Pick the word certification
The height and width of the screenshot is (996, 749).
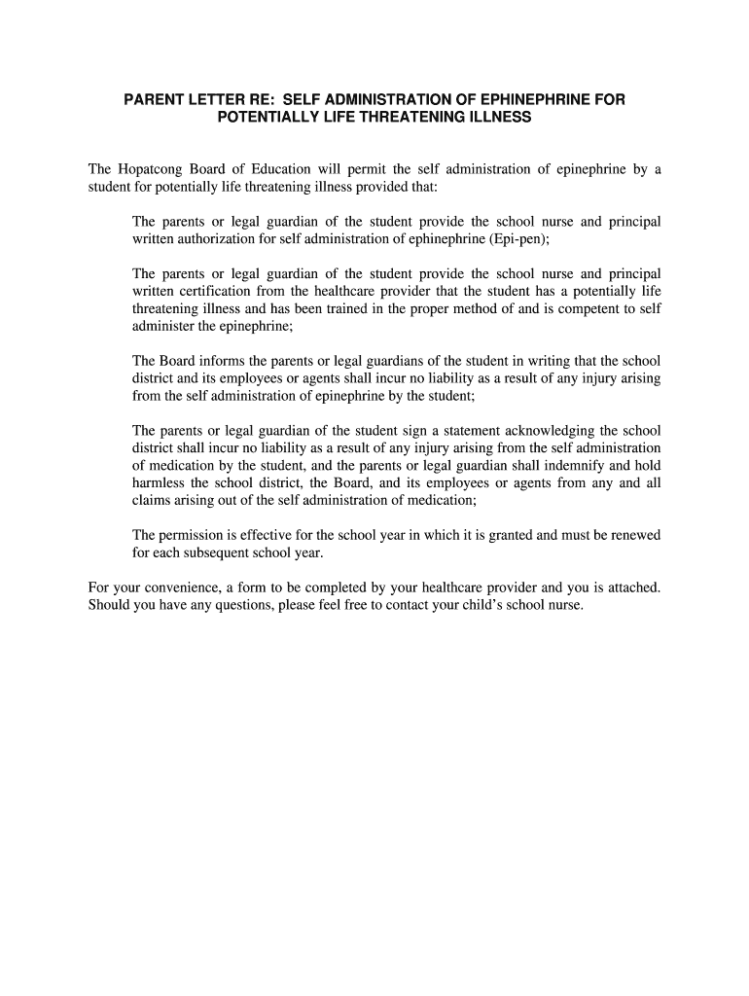coord(222,291)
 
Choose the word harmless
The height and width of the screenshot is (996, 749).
coord(160,482)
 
